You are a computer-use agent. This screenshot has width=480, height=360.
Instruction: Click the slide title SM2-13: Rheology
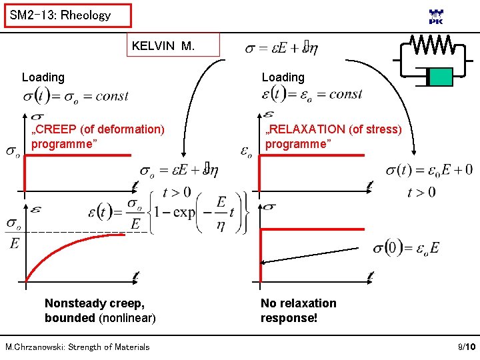pyautogui.click(x=61, y=15)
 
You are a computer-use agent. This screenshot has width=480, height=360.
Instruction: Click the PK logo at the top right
pyautogui.click(x=435, y=17)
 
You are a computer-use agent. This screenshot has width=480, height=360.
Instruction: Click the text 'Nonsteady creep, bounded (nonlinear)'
pyautogui.click(x=100, y=310)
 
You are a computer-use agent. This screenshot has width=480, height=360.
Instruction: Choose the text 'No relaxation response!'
pyautogui.click(x=298, y=310)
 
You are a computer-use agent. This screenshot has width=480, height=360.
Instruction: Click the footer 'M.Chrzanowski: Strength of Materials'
pyautogui.click(x=77, y=347)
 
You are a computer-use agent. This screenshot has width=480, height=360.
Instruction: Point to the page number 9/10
pyautogui.click(x=466, y=347)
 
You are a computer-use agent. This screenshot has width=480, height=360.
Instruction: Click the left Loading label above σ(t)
pyautogui.click(x=43, y=77)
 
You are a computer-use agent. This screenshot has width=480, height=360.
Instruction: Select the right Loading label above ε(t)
pyautogui.click(x=283, y=77)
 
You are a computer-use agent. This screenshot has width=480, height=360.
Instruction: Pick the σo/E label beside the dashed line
pyautogui.click(x=14, y=233)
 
